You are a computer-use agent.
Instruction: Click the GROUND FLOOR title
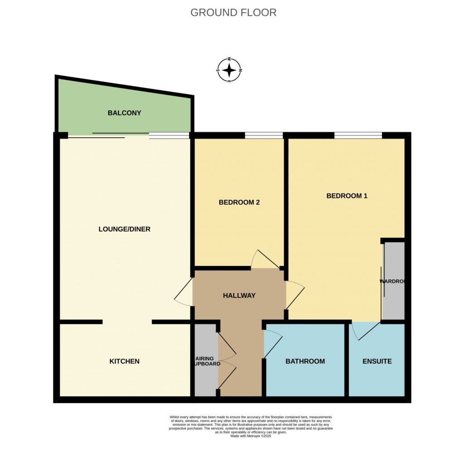233,13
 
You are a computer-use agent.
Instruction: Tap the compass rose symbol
229,70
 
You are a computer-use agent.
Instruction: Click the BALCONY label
124,113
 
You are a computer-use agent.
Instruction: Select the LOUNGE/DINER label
124,229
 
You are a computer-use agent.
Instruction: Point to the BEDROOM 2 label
239,203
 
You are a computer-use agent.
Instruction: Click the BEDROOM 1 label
347,196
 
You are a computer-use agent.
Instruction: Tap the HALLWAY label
239,296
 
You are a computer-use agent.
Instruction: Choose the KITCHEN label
124,361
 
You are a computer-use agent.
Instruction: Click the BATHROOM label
305,361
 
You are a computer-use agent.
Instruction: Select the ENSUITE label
377,361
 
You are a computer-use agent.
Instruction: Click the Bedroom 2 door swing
265,259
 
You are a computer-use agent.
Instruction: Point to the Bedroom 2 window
264,135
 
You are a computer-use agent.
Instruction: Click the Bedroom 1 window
358,135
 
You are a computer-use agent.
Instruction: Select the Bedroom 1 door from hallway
295,295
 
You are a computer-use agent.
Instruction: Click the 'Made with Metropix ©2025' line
252,436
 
